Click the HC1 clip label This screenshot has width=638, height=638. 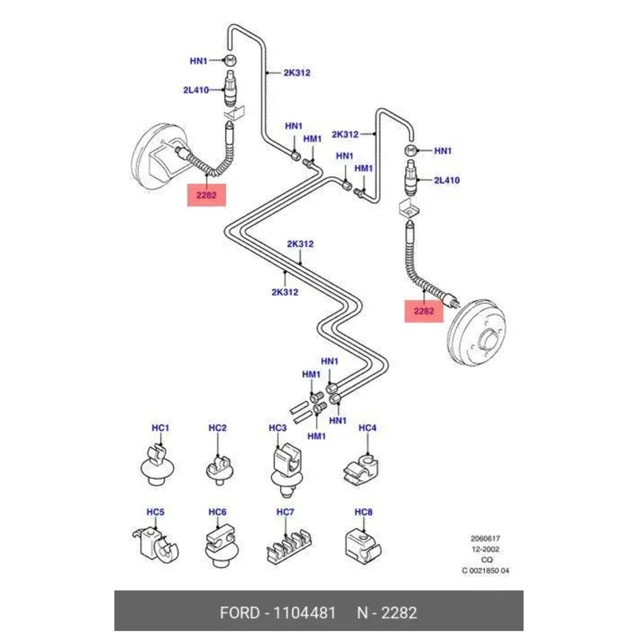(x=161, y=428)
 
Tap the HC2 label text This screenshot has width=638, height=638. (x=218, y=428)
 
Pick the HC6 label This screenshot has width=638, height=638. (x=218, y=512)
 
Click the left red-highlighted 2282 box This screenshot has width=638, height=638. (x=207, y=195)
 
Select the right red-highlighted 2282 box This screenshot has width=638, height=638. (x=423, y=310)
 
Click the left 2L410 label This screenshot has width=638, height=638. (x=195, y=90)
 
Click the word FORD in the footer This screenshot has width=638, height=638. (x=239, y=613)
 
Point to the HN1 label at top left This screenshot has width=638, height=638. (x=199, y=61)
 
